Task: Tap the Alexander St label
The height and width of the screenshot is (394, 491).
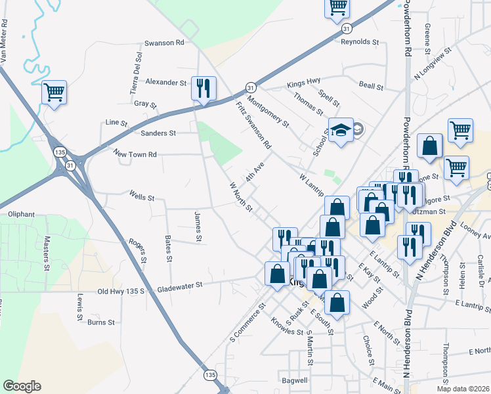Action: (x=166, y=83)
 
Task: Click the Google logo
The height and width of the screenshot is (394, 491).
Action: (x=22, y=385)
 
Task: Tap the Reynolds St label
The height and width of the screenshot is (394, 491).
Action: (x=360, y=41)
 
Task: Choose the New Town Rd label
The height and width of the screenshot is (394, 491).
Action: (x=135, y=154)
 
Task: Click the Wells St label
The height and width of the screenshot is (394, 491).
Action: (x=142, y=196)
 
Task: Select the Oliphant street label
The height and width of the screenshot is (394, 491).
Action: (x=21, y=214)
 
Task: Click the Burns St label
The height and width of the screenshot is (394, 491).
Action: (x=101, y=322)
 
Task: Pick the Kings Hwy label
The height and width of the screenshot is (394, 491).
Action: (x=303, y=85)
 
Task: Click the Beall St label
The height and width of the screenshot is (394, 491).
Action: (x=371, y=85)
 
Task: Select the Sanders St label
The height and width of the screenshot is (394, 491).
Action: (x=159, y=133)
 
